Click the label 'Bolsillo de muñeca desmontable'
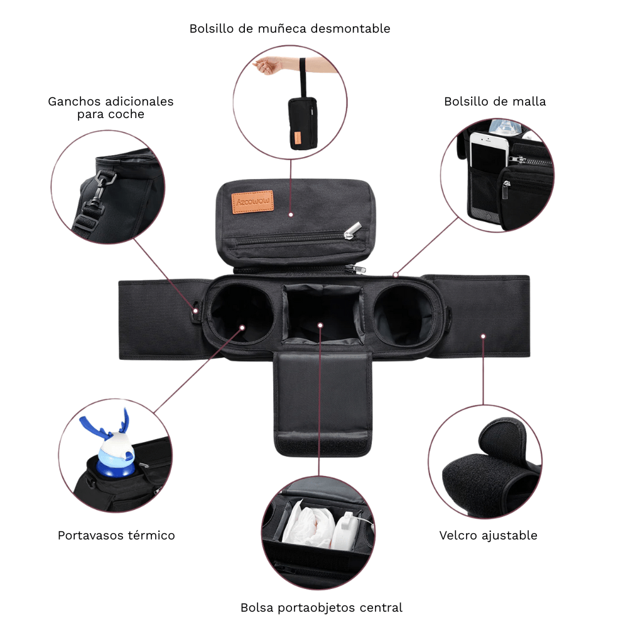pyautogui.click(x=290, y=29)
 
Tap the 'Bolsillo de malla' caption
pyautogui.click(x=495, y=101)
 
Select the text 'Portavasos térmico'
pyautogui.click(x=116, y=536)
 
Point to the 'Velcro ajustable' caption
pyautogui.click(x=488, y=536)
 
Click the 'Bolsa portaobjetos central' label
pyautogui.click(x=321, y=607)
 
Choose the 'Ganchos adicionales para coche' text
pyautogui.click(x=111, y=107)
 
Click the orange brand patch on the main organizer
pyautogui.click(x=252, y=202)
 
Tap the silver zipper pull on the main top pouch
pyautogui.click(x=352, y=232)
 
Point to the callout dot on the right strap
pyautogui.click(x=483, y=336)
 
